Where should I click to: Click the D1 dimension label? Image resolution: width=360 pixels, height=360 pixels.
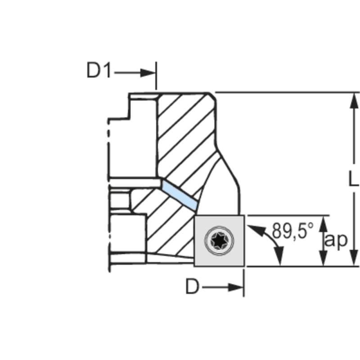[x=99, y=71]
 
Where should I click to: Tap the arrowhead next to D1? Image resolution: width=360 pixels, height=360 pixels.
[x=148, y=72]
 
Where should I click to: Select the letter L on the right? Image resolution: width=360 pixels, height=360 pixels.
[x=354, y=179]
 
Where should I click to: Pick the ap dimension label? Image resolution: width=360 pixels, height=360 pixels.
[x=337, y=241]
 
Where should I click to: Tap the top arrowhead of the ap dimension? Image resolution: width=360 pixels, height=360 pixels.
[x=323, y=224]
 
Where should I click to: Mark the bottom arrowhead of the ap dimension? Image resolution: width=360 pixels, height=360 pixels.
[x=323, y=258]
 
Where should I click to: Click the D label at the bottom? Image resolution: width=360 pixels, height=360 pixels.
[x=192, y=287]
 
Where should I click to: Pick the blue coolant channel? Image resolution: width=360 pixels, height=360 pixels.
[x=180, y=194]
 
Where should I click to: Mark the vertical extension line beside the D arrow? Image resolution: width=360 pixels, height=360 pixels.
[x=244, y=283]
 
